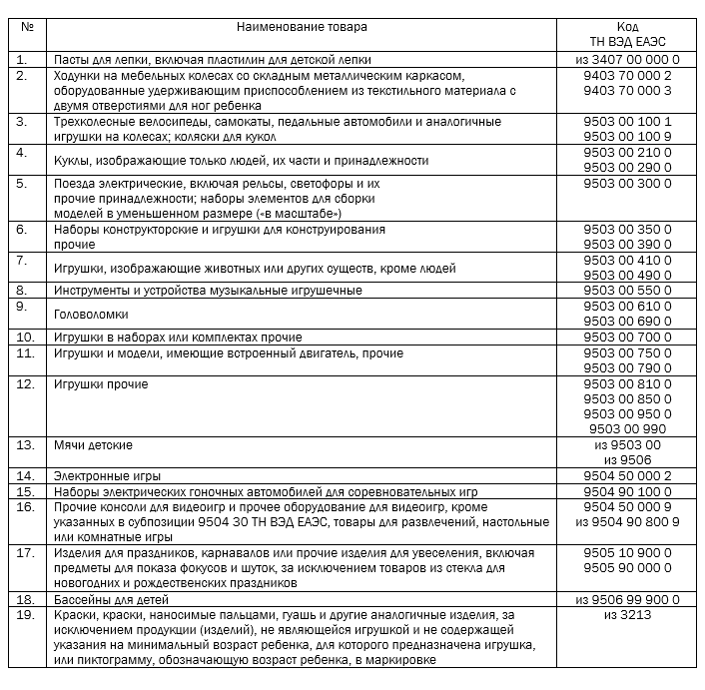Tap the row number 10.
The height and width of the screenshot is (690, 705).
tap(27, 338)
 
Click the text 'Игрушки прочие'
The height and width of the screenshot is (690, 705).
tap(101, 383)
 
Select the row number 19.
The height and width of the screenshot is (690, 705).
tap(27, 615)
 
